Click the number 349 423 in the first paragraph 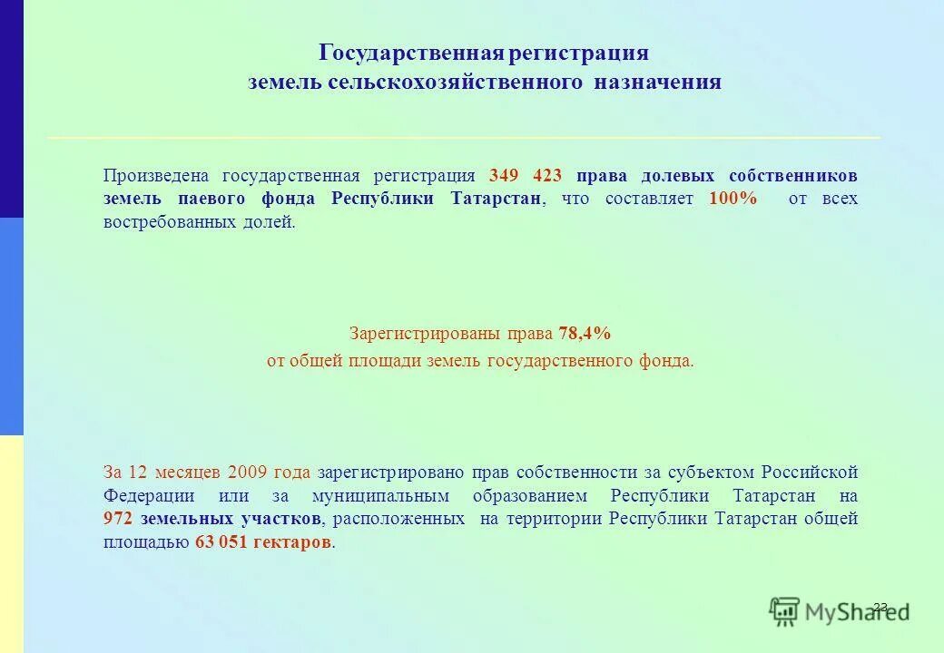tap(526, 175)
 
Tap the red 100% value tap(733, 199)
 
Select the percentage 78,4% tap(585, 334)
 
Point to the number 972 tap(119, 520)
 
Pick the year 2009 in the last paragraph tap(247, 473)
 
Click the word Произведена tap(156, 175)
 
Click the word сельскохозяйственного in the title tap(458, 83)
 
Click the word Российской tap(809, 473)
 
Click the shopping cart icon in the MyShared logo tap(785, 611)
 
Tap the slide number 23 tap(880, 607)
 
